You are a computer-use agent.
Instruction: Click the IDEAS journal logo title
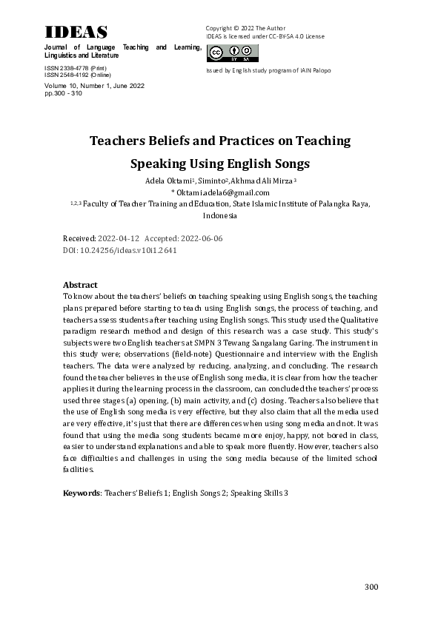pyautogui.click(x=76, y=32)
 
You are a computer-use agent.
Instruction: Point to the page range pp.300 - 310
pyautogui.click(x=64, y=93)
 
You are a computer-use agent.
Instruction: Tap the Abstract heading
pyautogui.click(x=80, y=284)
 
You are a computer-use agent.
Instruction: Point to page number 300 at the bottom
pyautogui.click(x=371, y=587)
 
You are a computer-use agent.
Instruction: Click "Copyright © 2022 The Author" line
pyautogui.click(x=245, y=27)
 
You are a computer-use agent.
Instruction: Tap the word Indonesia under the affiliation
pyautogui.click(x=219, y=215)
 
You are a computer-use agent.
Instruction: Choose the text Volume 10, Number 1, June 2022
pyautogui.click(x=94, y=86)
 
